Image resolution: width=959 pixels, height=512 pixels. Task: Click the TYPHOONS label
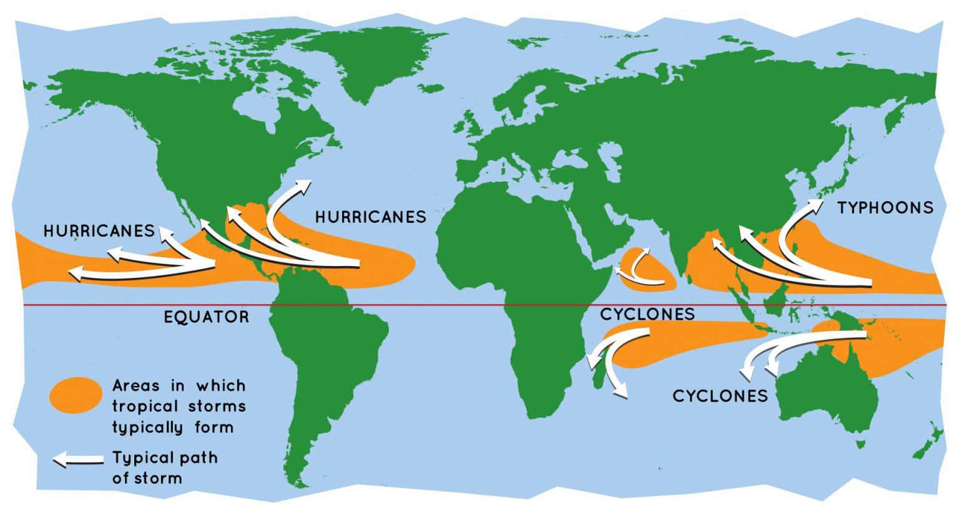tap(885, 208)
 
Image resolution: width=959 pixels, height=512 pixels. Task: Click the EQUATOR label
tap(206, 317)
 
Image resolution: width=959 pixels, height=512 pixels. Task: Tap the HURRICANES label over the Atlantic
tap(370, 217)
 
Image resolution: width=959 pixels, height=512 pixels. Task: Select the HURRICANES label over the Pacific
tap(99, 231)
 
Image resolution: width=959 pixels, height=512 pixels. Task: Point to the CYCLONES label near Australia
tap(720, 396)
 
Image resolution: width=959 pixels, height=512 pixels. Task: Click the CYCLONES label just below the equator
tap(647, 314)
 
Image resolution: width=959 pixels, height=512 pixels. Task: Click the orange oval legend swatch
tap(76, 395)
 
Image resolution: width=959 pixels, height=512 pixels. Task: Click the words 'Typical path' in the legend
tap(165, 458)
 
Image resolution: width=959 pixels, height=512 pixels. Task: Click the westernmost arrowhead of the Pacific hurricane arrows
tap(76, 273)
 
